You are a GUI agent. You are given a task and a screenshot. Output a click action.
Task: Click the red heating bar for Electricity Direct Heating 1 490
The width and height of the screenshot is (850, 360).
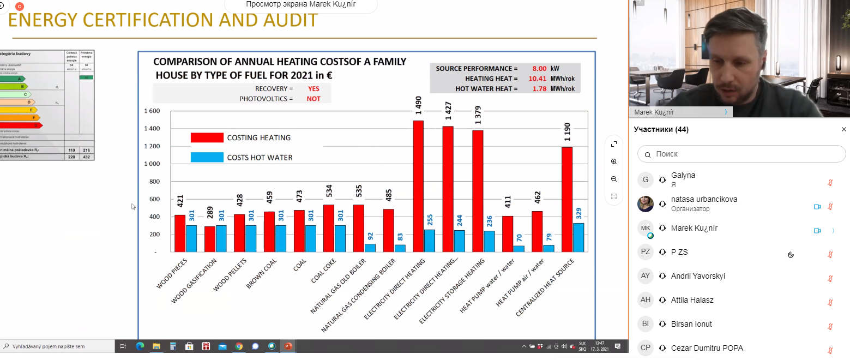418,186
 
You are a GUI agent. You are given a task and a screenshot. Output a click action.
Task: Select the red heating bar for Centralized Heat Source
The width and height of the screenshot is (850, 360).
567,200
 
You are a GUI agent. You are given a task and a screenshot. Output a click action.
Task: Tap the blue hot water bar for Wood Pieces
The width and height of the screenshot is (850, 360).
191,238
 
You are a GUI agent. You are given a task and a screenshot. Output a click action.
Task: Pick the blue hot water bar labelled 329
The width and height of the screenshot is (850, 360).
578,237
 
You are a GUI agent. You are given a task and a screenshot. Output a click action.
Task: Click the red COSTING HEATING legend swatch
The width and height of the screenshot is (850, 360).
207,137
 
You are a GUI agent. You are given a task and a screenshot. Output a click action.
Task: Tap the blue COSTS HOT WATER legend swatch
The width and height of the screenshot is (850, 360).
207,157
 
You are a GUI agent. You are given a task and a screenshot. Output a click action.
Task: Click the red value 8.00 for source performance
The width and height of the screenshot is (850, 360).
539,69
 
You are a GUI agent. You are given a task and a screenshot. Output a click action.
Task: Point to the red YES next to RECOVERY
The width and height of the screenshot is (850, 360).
314,88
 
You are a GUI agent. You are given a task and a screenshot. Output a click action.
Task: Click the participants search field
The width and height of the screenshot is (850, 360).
742,154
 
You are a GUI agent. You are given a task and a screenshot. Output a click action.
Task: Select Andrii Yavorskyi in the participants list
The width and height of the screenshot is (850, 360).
698,276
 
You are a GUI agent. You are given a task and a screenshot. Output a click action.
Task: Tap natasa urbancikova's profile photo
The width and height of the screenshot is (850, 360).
646,204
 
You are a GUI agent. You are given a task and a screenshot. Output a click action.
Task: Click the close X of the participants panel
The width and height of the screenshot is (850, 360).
844,129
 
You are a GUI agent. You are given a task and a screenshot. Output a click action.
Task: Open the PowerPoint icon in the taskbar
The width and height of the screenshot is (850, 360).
288,346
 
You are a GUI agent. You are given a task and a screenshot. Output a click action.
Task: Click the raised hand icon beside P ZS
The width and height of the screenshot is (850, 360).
791,254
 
